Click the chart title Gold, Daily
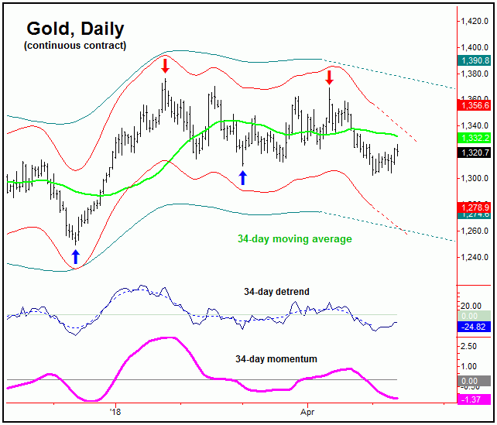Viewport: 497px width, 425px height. click(75, 29)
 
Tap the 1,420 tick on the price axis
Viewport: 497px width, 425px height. click(475, 21)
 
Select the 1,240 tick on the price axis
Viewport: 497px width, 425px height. click(475, 257)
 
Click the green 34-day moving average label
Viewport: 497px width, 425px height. click(294, 239)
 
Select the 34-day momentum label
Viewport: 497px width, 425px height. click(276, 360)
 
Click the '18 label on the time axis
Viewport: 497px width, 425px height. click(116, 411)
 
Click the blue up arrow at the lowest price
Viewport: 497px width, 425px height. click(75, 257)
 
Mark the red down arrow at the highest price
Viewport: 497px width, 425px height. click(165, 65)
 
